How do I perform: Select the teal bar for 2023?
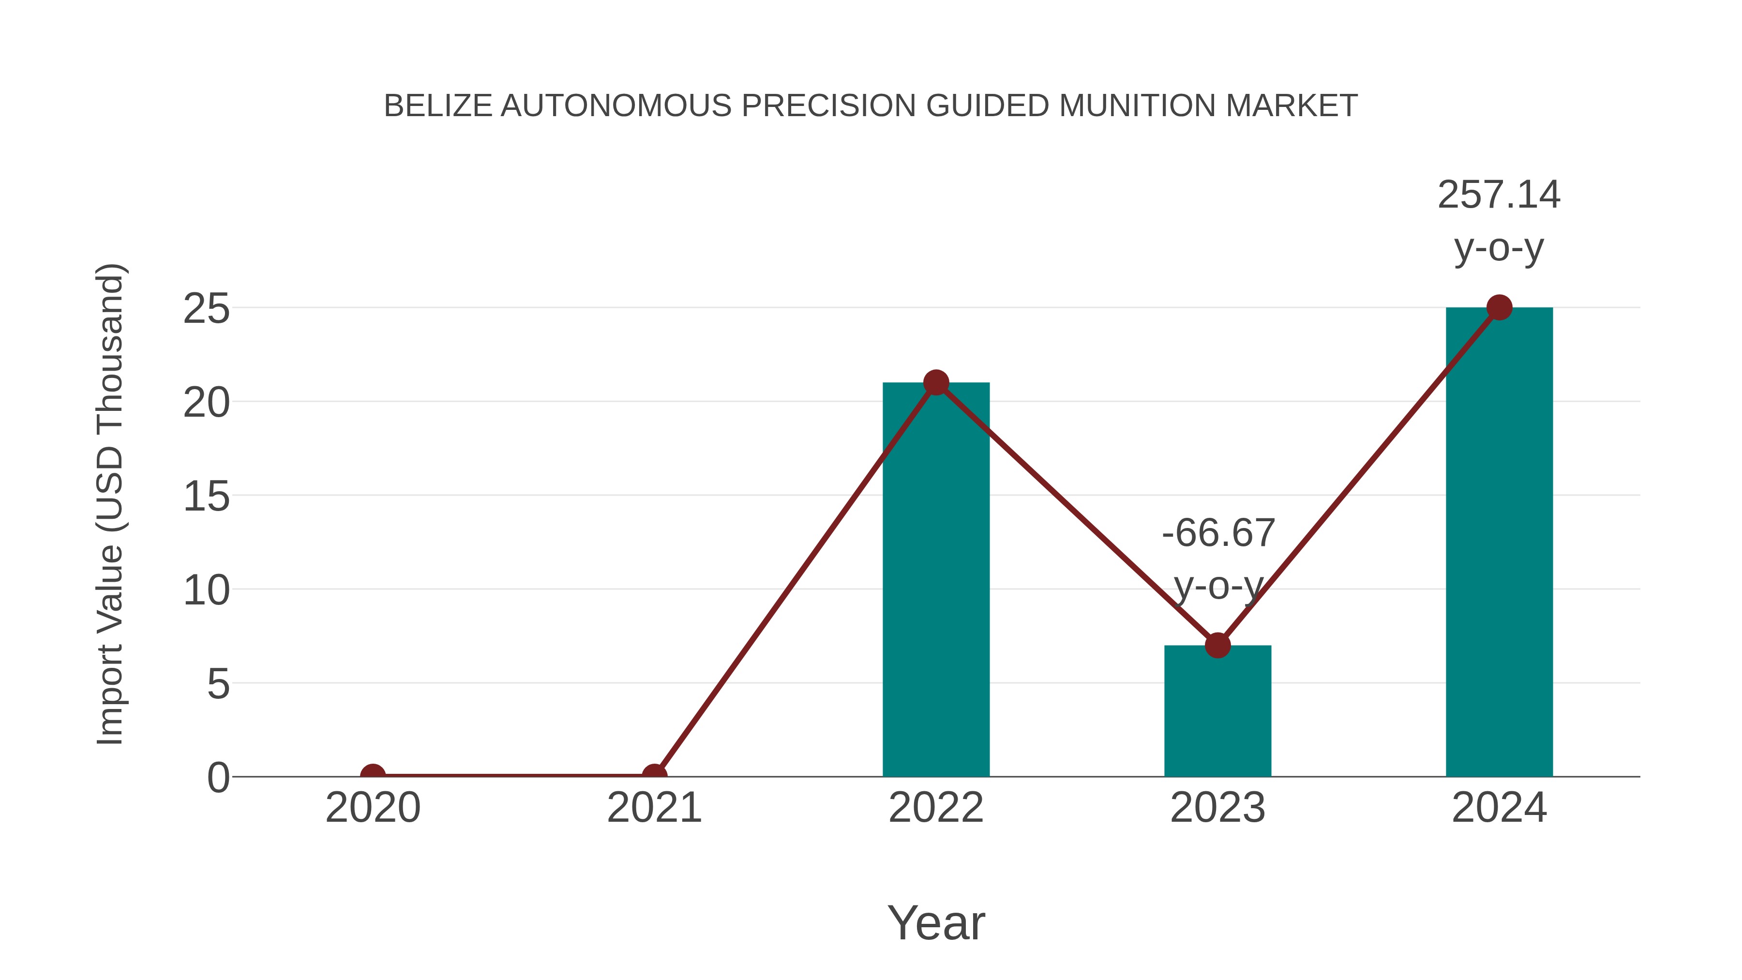point(1217,717)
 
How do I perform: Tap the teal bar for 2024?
point(1499,541)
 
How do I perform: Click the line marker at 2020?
point(373,775)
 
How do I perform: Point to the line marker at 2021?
point(654,775)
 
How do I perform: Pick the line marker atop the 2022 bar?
point(936,383)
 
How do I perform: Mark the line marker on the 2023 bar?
point(1217,645)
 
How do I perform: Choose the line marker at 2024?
point(1499,308)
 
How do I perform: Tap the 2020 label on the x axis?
point(373,808)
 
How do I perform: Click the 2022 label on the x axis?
point(936,808)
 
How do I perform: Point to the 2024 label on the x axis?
point(1499,808)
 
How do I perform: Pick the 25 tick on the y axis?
point(206,309)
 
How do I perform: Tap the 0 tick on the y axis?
point(218,777)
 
